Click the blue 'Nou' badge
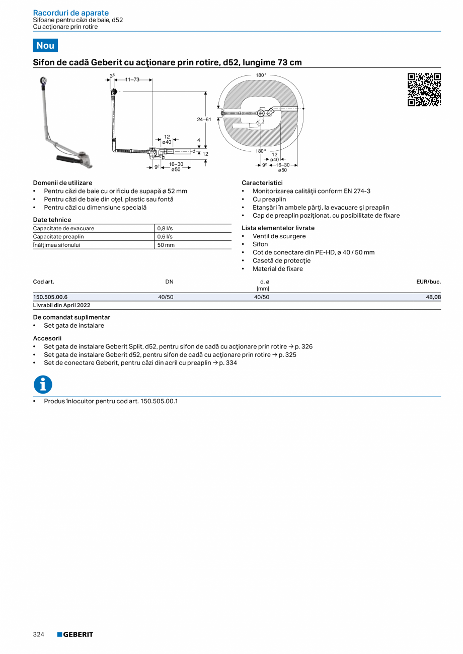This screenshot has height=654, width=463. click(45, 45)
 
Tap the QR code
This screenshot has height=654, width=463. click(424, 89)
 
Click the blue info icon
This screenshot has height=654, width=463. click(43, 385)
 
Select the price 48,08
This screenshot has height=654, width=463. click(433, 297)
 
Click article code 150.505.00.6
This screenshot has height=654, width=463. click(50, 297)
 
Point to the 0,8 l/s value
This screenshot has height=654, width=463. click(165, 228)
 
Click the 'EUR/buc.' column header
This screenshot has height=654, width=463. click(428, 282)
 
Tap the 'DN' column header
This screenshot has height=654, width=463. click(169, 282)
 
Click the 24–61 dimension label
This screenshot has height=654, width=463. click(204, 120)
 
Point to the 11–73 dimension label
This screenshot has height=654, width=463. click(132, 80)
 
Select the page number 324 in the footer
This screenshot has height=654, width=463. click(39, 634)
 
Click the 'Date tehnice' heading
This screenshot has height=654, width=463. click(52, 220)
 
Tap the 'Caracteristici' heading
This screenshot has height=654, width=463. click(262, 183)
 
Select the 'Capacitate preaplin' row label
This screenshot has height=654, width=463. click(58, 236)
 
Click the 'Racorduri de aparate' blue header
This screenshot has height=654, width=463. click(70, 13)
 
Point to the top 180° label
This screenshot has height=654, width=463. click(261, 75)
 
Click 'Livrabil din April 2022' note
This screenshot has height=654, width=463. click(61, 305)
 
